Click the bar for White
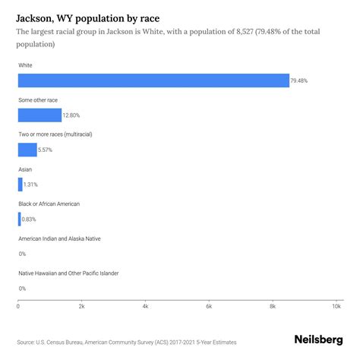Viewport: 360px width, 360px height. point(152,81)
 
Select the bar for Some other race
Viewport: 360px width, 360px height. point(39,115)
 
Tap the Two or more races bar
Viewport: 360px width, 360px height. point(27,150)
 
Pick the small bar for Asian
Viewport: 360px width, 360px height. point(21,185)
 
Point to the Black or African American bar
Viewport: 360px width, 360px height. point(20,219)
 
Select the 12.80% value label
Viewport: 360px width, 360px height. point(72,115)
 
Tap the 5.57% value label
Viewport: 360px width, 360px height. point(46,150)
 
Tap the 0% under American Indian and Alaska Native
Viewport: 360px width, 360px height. point(22,254)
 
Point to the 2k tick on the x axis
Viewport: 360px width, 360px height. point(81,306)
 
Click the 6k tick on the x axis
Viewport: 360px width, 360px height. point(209,306)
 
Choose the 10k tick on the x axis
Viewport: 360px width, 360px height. point(336,306)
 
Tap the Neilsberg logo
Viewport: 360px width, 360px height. point(317,342)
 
